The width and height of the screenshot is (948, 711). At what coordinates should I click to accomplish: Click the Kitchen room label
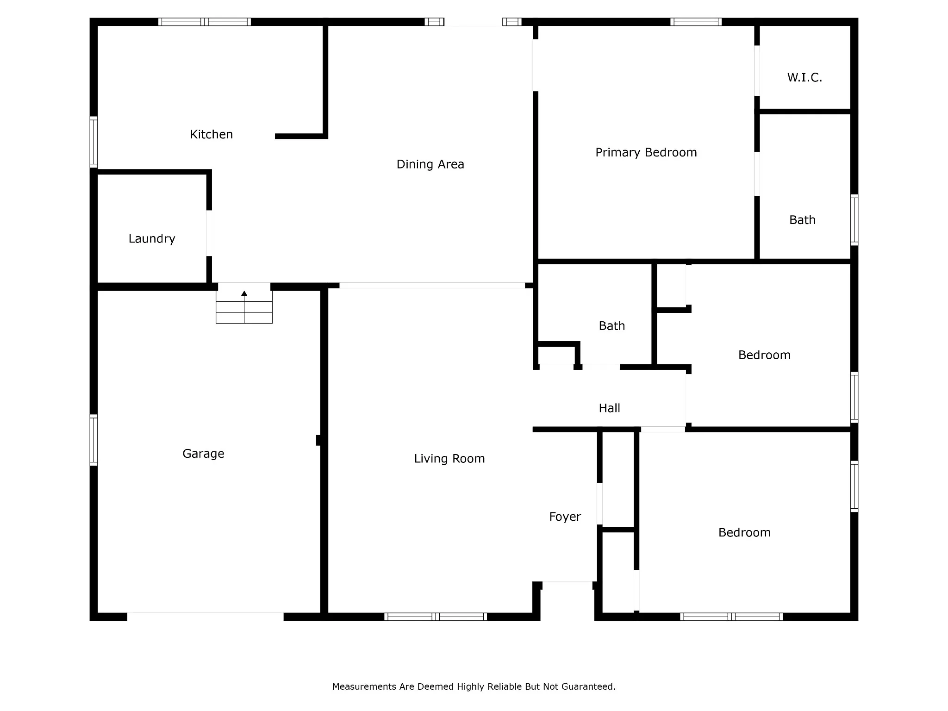tap(211, 134)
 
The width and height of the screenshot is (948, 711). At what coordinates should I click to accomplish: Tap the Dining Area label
tap(430, 164)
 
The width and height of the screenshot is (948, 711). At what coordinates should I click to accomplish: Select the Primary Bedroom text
tap(646, 152)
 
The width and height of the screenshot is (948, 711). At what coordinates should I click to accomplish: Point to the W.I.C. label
tap(805, 77)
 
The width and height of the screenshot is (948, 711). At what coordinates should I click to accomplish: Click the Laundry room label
tap(152, 239)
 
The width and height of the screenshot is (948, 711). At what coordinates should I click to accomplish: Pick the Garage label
tap(203, 454)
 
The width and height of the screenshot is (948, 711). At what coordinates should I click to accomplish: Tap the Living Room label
tap(449, 459)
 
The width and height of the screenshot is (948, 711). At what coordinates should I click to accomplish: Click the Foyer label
tap(565, 517)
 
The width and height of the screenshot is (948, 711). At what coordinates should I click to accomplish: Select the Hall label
tap(609, 408)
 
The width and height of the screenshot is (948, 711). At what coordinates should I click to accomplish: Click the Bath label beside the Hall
tap(611, 326)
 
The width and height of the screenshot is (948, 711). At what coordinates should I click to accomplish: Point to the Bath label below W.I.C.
tap(802, 220)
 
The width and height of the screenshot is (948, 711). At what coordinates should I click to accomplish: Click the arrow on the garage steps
tap(244, 293)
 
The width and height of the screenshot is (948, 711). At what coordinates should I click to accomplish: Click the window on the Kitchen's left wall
tap(94, 142)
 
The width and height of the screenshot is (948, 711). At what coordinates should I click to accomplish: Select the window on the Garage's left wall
tap(94, 440)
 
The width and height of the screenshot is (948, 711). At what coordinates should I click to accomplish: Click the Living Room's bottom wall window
tap(436, 617)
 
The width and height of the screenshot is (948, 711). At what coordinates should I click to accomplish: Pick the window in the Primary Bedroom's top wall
tap(696, 22)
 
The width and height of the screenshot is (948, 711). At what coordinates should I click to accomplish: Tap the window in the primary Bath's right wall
tap(854, 220)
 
